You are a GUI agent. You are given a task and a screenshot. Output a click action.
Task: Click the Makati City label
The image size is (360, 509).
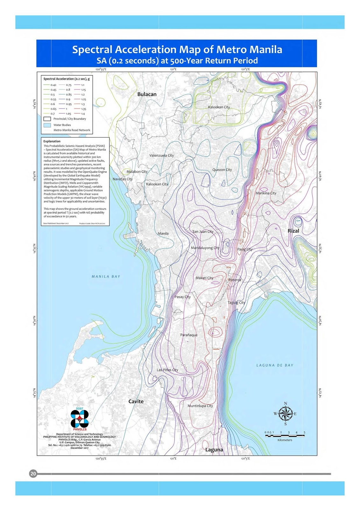click(x=204, y=278)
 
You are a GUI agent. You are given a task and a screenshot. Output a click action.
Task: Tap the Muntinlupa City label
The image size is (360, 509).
click(x=200, y=406)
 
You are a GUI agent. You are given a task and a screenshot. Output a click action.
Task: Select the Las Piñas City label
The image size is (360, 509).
click(x=167, y=370)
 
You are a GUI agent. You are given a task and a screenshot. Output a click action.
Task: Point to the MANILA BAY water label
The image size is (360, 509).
click(x=106, y=276)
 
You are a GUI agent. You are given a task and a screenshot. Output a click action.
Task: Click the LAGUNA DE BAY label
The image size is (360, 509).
click(x=275, y=365)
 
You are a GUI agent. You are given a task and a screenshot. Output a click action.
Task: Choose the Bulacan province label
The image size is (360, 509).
click(x=147, y=94)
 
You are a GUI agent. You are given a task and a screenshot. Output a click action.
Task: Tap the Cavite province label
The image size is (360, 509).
click(x=136, y=401)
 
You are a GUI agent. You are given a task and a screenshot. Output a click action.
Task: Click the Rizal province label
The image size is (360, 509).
click(x=293, y=231)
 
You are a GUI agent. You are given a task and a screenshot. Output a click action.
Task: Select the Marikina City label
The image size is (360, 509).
click(x=266, y=193)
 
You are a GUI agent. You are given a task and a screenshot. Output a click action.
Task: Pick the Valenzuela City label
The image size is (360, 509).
click(x=162, y=156)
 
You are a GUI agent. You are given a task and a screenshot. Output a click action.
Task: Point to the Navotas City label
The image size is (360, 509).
click(x=123, y=179)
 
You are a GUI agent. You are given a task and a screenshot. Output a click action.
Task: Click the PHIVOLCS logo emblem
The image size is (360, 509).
click(x=80, y=418)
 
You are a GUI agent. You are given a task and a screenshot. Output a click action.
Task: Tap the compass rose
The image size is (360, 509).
click(x=286, y=414)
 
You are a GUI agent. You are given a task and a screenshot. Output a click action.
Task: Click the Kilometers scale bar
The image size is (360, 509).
click(x=285, y=436)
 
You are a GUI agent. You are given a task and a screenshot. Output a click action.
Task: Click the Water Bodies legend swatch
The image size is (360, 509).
click(x=47, y=125)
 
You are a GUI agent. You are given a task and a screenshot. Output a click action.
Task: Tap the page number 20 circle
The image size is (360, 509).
click(x=33, y=474)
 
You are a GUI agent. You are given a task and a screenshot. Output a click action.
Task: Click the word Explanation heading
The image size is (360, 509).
click(x=52, y=141)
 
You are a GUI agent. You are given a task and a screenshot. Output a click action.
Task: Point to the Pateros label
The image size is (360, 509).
click(x=235, y=280)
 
